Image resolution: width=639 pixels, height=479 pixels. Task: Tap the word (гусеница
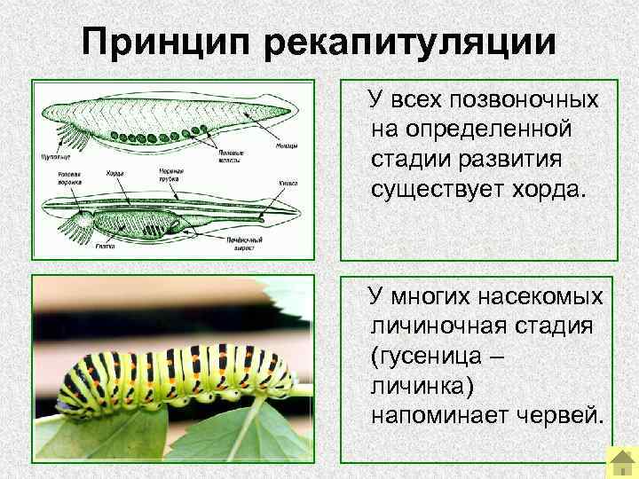click(422, 356)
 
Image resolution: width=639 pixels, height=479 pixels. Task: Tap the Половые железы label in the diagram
click(233, 156)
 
